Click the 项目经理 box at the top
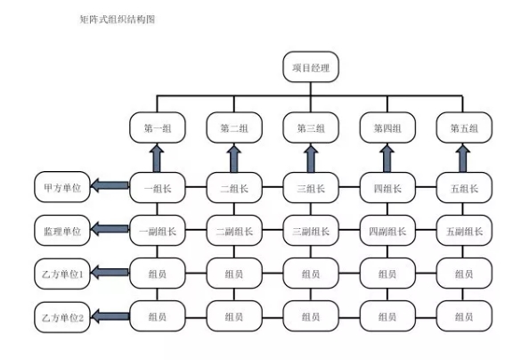pos(311,67)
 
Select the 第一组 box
pos(157,127)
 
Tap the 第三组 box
pos(311,127)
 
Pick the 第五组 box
pos(464,127)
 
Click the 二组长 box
pos(234,188)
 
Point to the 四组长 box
pos(387,188)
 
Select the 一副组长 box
pos(157,231)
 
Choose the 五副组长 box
pos(464,231)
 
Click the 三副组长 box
pos(311,231)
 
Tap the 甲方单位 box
pos(62,187)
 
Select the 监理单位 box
pos(62,231)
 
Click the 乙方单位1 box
pos(62,274)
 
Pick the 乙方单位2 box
pos(62,317)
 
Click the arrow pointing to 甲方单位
pos(110,185)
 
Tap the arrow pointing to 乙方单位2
pos(110,316)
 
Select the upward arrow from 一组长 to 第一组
pos(157,159)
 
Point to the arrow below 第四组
pos(387,159)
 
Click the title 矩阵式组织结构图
pos(118,20)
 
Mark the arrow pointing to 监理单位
pos(110,229)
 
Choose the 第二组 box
pos(234,127)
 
